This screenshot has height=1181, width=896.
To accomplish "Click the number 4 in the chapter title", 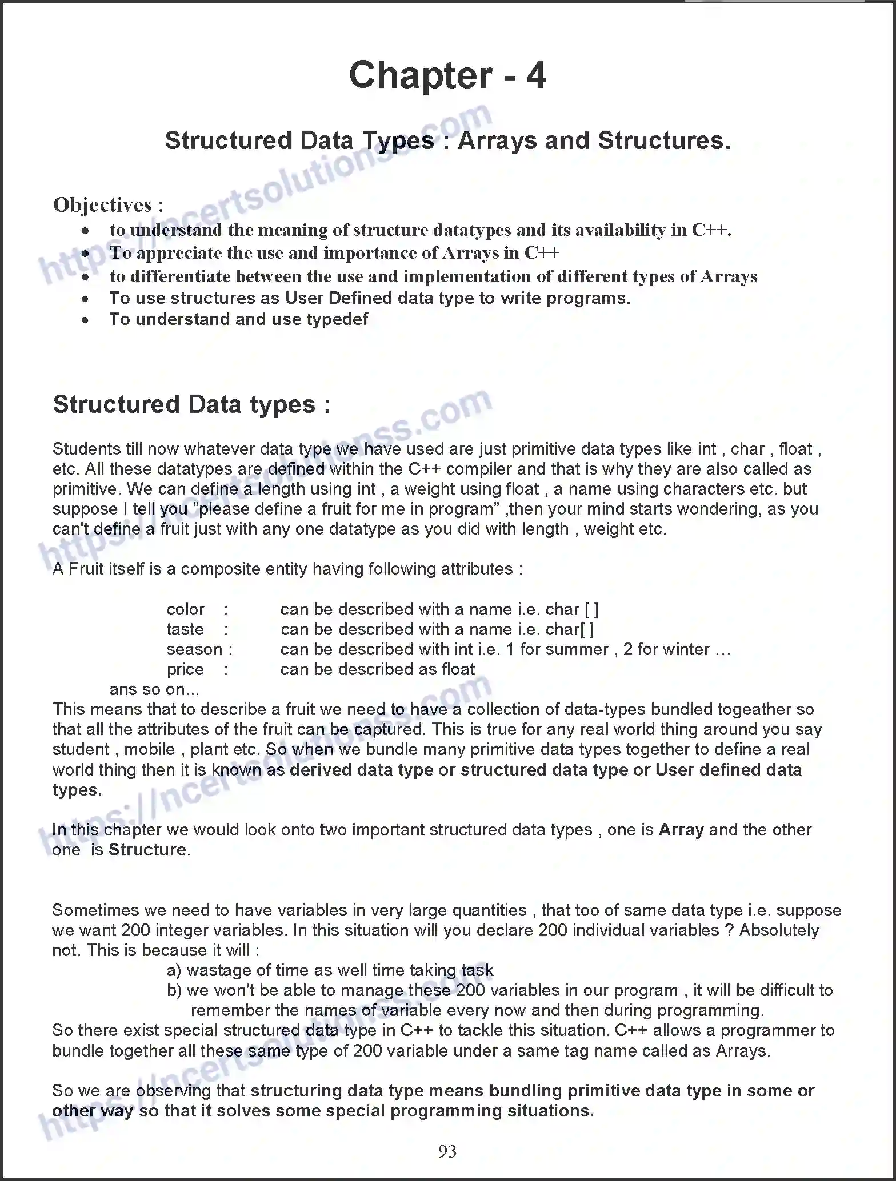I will [x=535, y=76].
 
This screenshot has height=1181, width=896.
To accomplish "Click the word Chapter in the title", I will [x=421, y=76].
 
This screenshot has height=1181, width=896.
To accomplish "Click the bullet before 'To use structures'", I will [x=85, y=299].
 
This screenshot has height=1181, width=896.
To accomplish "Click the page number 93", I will [x=447, y=1151].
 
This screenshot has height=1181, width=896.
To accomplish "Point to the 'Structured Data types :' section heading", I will [x=191, y=404].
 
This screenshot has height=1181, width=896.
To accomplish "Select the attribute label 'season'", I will [x=194, y=649].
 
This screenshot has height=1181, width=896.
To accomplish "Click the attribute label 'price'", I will [x=185, y=669].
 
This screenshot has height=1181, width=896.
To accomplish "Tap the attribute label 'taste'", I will [x=185, y=629].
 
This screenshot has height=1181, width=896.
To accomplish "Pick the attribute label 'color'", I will [x=185, y=609].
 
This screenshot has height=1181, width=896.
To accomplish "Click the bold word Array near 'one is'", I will [x=681, y=830].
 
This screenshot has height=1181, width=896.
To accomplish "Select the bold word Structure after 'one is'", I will [x=147, y=850].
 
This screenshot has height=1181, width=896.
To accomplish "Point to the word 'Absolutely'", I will [x=779, y=930].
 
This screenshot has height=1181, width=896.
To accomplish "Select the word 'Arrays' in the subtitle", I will [x=497, y=141].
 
